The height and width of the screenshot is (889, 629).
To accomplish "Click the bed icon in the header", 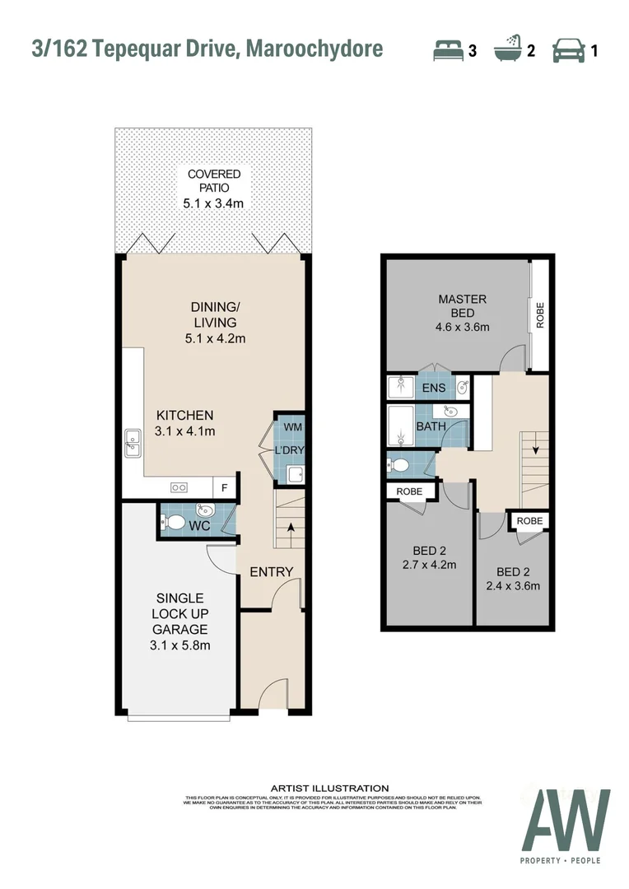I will (449, 50).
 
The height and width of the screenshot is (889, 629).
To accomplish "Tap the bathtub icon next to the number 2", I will (507, 50).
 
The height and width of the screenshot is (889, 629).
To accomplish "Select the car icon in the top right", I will (568, 50).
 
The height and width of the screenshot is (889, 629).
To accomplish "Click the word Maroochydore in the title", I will (317, 49).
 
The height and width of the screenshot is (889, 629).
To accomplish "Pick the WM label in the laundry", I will (292, 427).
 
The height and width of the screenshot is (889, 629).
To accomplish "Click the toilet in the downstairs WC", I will (174, 522).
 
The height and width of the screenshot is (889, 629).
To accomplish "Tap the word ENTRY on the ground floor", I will (271, 572).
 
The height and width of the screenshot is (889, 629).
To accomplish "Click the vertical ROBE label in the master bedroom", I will (540, 315).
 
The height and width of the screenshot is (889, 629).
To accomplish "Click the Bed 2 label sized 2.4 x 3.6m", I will (518, 579).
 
